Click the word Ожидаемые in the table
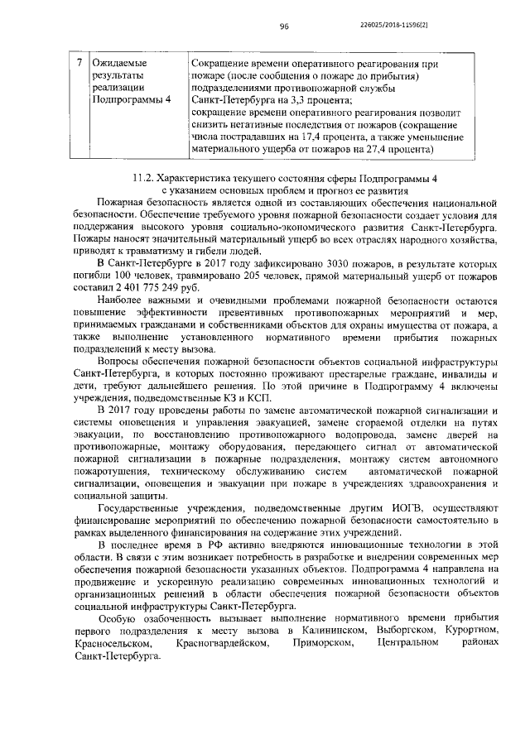(121, 63)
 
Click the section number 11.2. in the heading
(147, 177)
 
